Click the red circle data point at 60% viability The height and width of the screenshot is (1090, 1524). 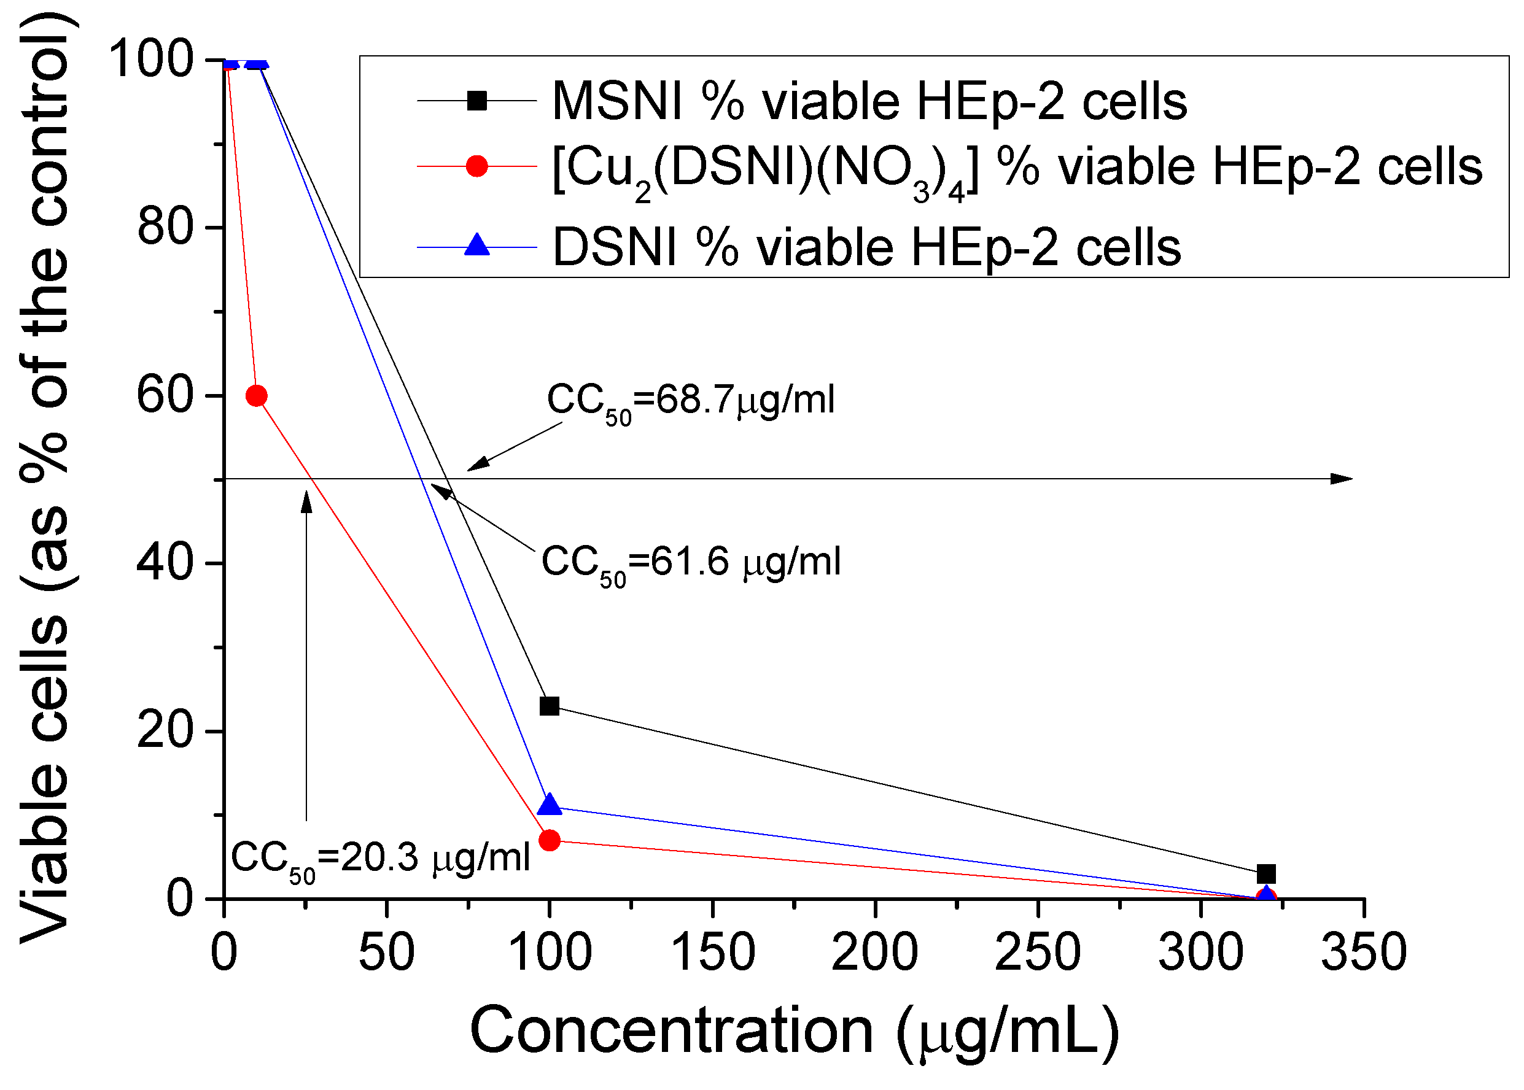point(257,396)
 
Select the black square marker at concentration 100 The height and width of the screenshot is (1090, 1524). point(549,706)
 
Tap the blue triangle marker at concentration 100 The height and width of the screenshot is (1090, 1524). point(549,805)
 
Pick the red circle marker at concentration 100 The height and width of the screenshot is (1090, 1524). point(549,840)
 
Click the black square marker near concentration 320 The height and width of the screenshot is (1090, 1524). point(1265,874)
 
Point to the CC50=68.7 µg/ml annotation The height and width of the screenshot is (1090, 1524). point(690,401)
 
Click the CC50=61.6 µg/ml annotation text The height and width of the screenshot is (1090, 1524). point(690,562)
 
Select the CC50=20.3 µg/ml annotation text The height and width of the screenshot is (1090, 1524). point(380,859)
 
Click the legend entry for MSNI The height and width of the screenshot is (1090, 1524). point(869,102)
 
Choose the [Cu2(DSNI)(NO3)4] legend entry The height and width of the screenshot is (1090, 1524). point(1016,168)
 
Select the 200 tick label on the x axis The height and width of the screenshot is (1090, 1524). point(874,953)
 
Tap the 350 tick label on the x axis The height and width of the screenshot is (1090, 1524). point(1364,953)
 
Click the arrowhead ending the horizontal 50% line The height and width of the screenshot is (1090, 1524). point(1342,479)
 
